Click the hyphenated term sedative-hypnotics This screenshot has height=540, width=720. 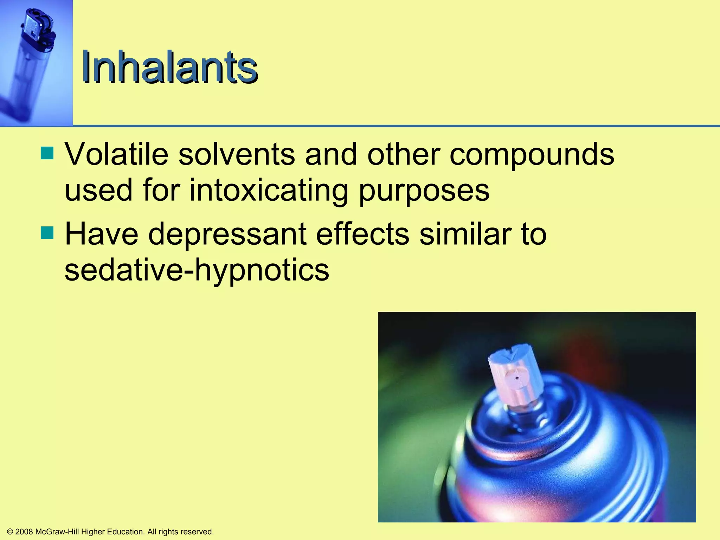197,271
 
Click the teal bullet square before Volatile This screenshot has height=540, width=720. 47,153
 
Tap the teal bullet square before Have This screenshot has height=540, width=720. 47,233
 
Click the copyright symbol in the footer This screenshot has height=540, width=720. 10,532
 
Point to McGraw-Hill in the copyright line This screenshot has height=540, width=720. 57,532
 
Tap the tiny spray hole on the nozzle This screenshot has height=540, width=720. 516,378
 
